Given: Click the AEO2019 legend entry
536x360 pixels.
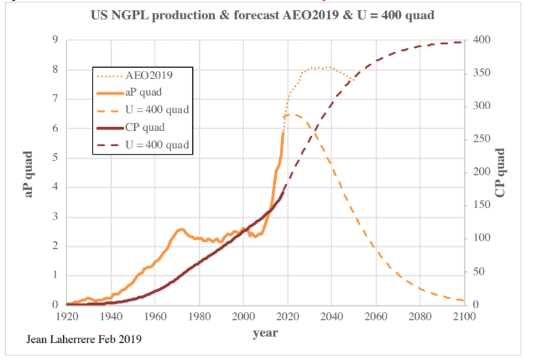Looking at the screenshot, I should point(151,75).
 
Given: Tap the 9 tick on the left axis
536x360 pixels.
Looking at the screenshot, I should point(56,40).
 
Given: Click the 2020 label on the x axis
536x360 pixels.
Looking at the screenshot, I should point(287,316).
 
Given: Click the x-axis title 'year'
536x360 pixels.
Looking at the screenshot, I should point(265,333).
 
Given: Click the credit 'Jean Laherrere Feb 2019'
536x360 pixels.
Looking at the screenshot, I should point(84,340).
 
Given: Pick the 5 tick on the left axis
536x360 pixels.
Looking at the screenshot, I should point(56,158).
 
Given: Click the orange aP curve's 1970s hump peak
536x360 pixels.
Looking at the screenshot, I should point(181,229).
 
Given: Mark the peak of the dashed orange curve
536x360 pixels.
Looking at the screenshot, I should point(291,114).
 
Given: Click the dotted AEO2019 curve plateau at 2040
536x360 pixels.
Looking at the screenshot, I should point(331,68).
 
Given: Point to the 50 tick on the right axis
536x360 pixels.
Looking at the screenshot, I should point(479,272).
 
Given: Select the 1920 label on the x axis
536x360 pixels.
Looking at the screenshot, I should point(67,316).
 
